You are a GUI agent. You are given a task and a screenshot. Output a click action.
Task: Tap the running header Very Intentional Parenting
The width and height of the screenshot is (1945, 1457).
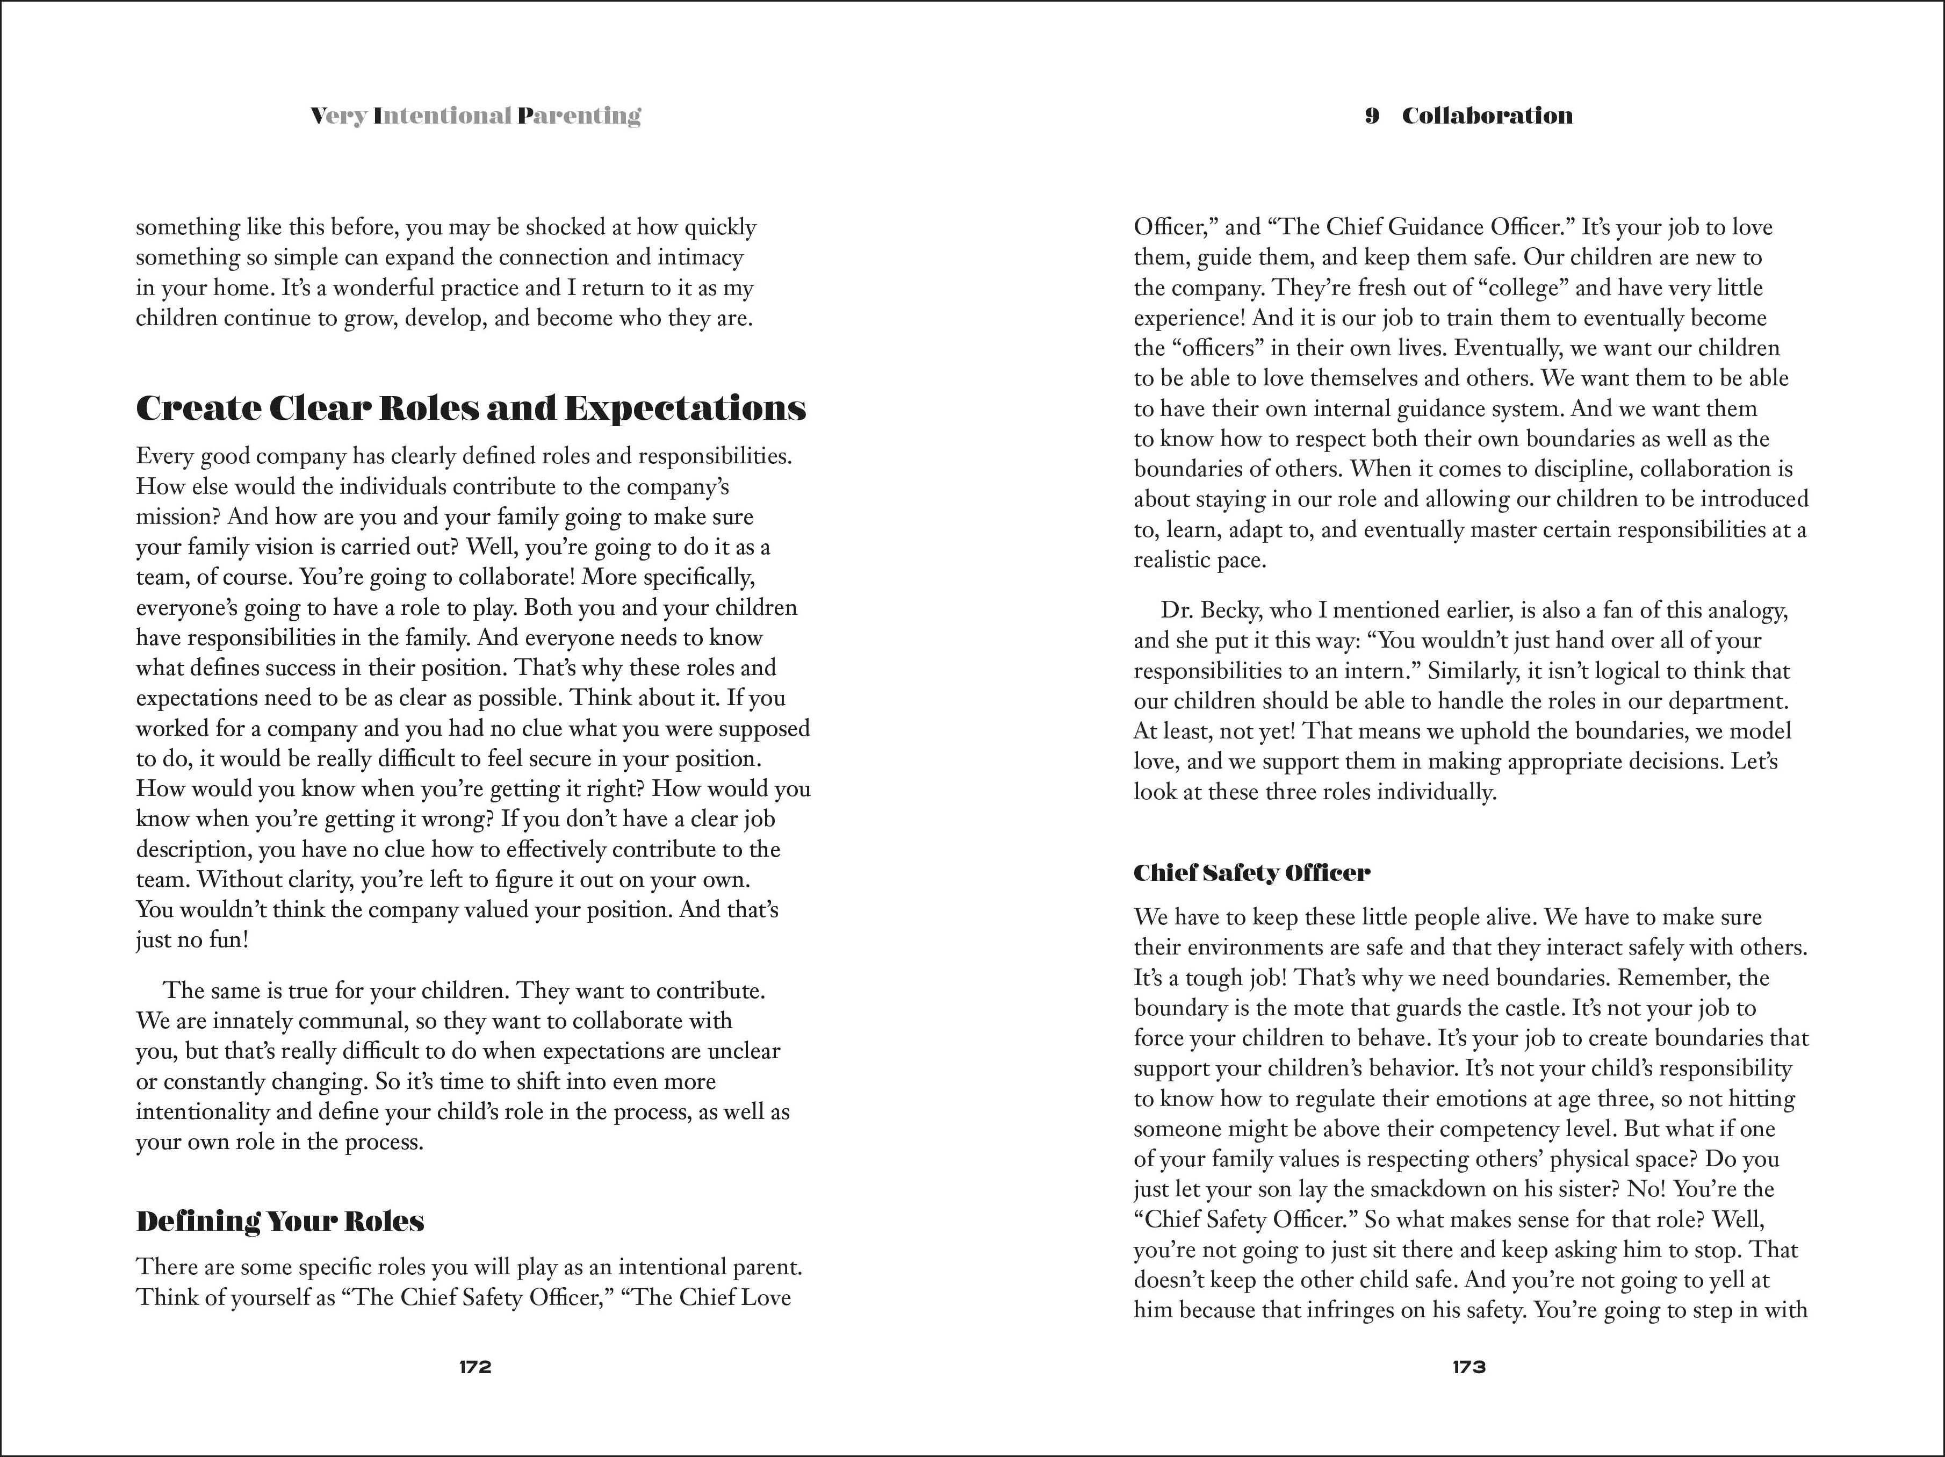tap(476, 116)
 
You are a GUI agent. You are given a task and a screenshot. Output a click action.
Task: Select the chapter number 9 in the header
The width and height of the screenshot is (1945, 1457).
tap(1372, 116)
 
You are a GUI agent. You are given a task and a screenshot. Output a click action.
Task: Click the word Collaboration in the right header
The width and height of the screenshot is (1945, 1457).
tap(1487, 116)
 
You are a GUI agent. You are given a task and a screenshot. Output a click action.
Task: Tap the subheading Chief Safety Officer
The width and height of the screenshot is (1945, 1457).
tap(1251, 873)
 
